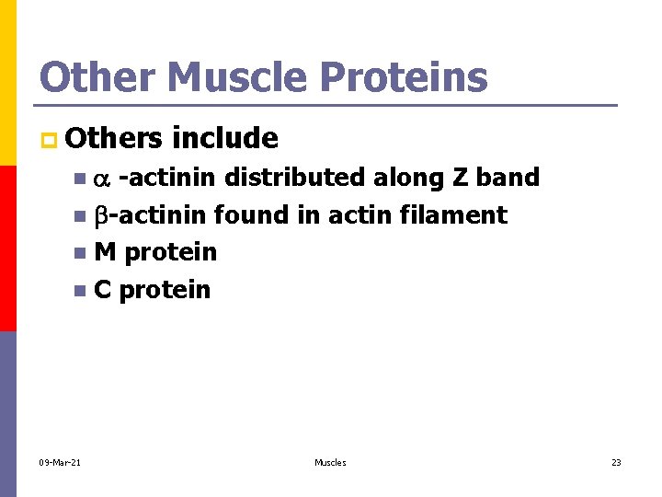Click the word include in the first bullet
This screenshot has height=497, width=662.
coord(224,138)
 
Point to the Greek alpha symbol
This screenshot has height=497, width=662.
coord(101,179)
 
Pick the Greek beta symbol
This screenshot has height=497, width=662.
coord(100,215)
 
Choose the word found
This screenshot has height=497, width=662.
coord(251,214)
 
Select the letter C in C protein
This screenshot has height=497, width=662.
coord(102,290)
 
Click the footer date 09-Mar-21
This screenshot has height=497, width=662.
coord(61,462)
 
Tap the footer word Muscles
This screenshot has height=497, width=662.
coord(330,462)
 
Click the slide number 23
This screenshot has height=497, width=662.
coord(616,462)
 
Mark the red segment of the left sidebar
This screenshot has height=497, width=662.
coord(7,248)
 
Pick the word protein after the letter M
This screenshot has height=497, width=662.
coord(170,252)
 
